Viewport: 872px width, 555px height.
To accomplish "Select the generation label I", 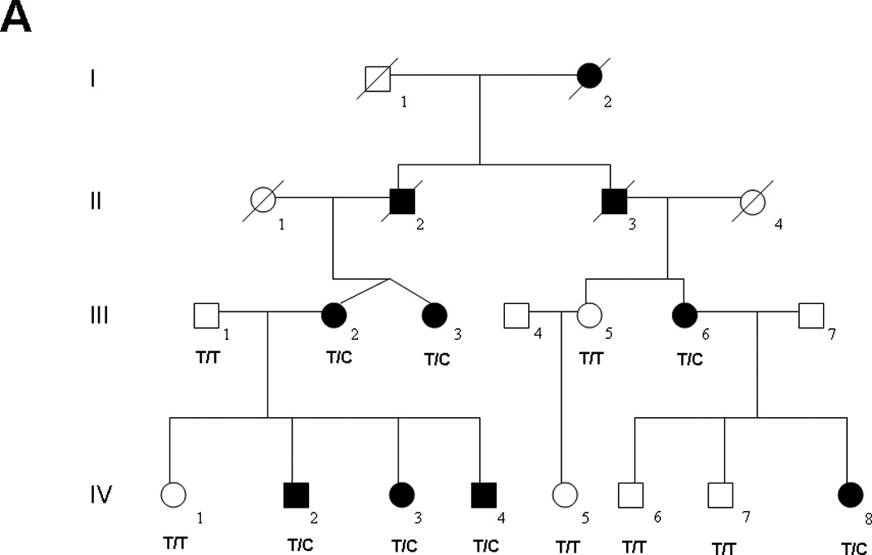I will [x=93, y=80].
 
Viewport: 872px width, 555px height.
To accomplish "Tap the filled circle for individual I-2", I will [x=588, y=77].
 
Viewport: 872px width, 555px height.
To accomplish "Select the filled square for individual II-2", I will [x=402, y=200].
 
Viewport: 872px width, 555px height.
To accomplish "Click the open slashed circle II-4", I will [x=754, y=200].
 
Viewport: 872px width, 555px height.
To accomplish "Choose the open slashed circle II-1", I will [x=262, y=200].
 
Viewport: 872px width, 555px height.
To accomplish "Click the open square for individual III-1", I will [x=206, y=316].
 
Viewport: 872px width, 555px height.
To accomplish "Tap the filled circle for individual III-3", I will [x=434, y=316].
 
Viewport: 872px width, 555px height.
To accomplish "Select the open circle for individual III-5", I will [x=588, y=316].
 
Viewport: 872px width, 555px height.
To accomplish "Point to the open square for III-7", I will [x=811, y=316].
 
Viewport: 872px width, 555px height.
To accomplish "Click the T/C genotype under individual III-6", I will [x=686, y=358].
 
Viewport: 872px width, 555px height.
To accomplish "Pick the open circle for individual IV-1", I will [x=173, y=495].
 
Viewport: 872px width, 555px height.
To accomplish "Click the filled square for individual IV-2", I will [x=295, y=495].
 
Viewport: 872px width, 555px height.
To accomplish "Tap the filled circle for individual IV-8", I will [x=850, y=495].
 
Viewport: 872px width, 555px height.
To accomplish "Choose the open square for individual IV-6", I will [x=631, y=495].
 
